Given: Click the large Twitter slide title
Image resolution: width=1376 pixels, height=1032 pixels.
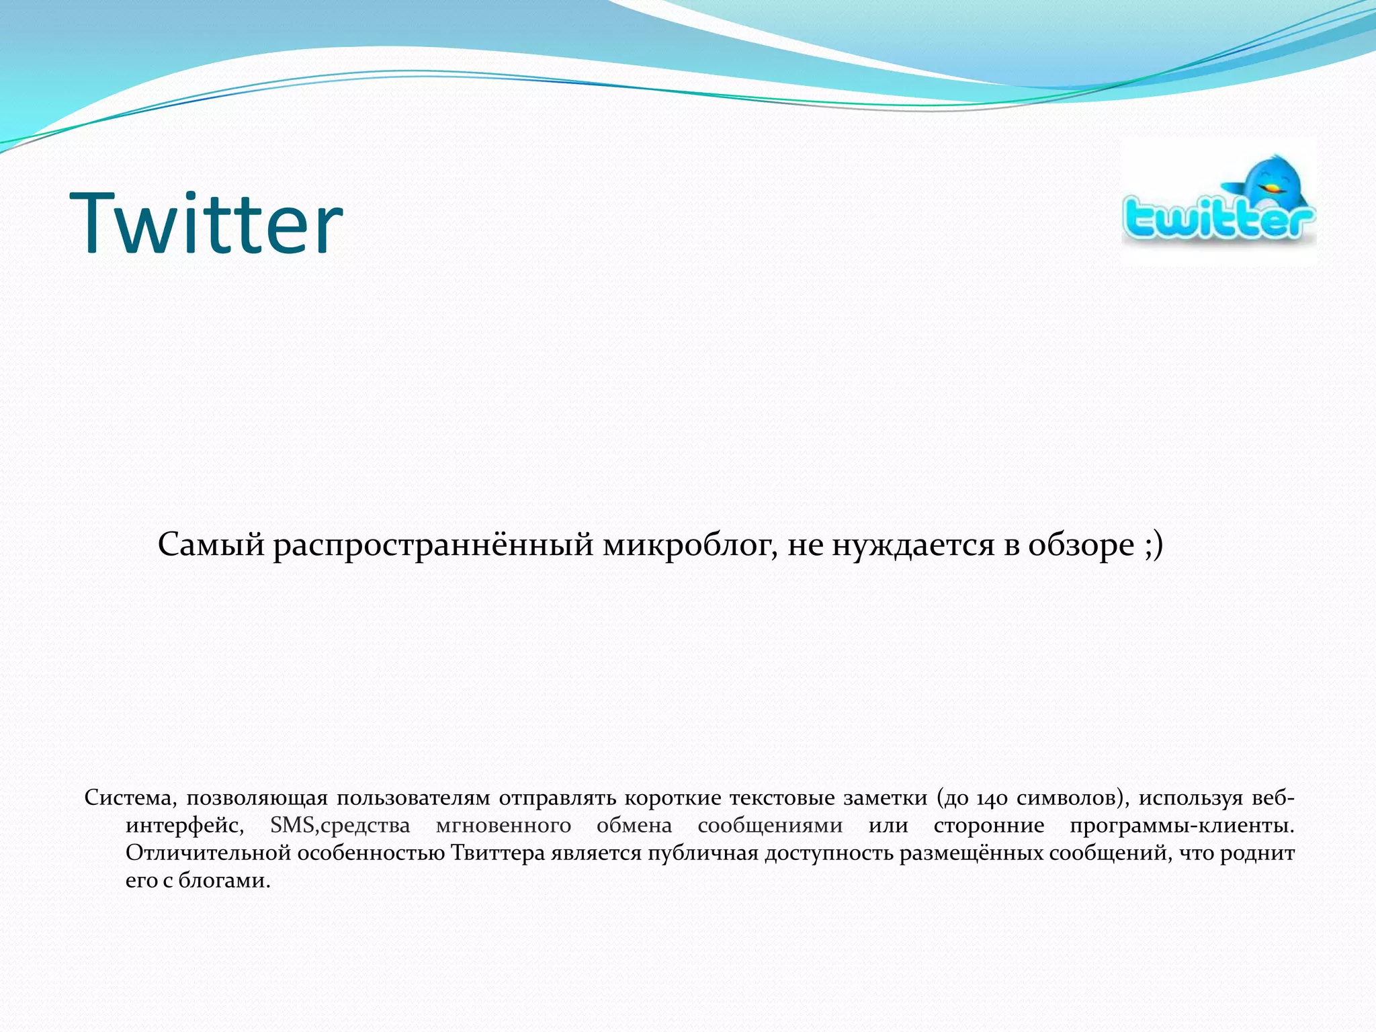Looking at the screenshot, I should pyautogui.click(x=206, y=223).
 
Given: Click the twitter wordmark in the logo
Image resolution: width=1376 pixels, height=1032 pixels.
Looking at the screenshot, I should pyautogui.click(x=1217, y=219).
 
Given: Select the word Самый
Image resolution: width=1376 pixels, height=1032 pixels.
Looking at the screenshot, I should pyautogui.click(x=211, y=544).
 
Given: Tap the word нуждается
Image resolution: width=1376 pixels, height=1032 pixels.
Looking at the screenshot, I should pyautogui.click(x=912, y=544).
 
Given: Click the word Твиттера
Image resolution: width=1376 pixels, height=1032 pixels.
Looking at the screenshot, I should pyautogui.click(x=497, y=853).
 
